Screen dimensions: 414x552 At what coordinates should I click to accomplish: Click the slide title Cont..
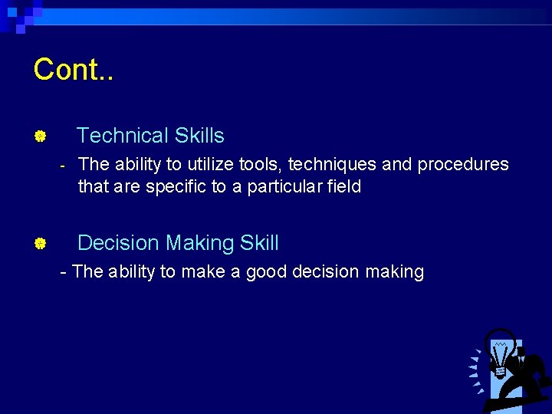pos(73,70)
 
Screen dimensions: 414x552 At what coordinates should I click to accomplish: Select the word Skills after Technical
pos(199,136)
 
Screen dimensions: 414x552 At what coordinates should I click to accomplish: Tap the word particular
pos(282,186)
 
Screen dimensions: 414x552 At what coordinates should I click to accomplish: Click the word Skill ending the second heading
pos(259,244)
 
